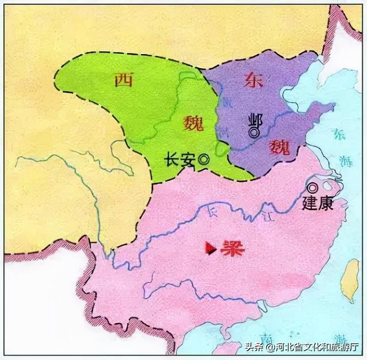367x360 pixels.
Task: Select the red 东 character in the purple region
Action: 253,80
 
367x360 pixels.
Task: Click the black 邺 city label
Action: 252,121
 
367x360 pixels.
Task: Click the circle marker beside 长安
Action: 202,161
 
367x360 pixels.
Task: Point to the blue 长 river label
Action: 213,214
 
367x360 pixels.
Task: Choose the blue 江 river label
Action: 270,217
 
